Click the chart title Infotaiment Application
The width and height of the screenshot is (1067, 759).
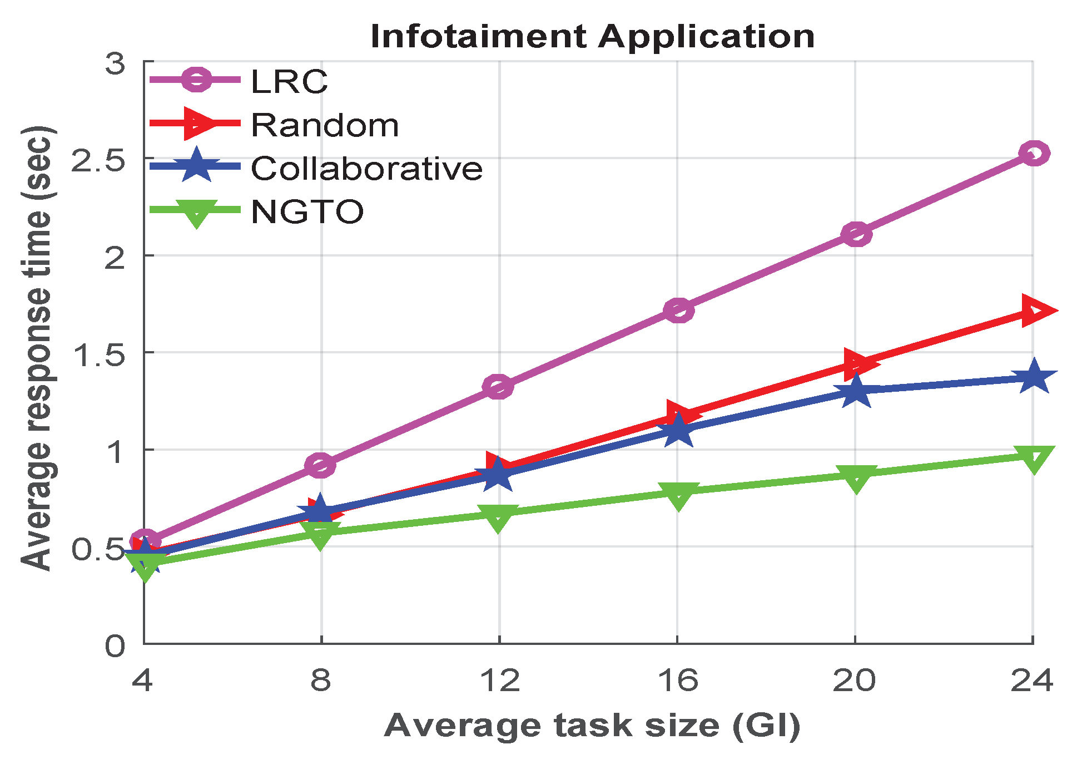tap(592, 37)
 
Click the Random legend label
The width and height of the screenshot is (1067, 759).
tap(325, 125)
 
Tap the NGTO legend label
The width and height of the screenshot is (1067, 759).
tap(307, 212)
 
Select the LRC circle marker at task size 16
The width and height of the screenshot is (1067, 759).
tap(678, 310)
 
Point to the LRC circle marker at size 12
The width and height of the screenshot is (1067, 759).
tap(498, 386)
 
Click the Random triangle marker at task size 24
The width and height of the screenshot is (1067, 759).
tap(1036, 310)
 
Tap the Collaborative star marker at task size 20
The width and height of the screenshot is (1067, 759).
tap(855, 391)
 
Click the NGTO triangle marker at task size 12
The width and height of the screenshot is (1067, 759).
tap(498, 516)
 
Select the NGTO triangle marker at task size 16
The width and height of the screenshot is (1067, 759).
tap(678, 495)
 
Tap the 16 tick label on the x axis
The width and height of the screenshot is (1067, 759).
tap(678, 680)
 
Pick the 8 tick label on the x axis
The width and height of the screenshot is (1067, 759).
tap(321, 680)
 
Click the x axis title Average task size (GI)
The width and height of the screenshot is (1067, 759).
tap(592, 726)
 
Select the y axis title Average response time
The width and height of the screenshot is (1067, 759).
tap(38, 348)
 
